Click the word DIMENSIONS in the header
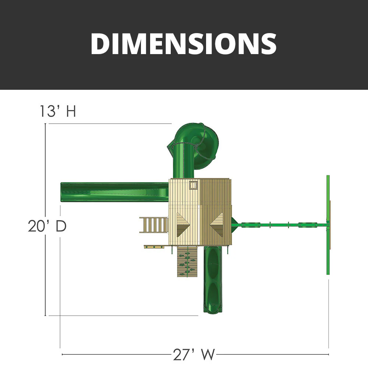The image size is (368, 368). click(183, 43)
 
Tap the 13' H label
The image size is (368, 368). click(58, 111)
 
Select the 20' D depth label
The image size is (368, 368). click(47, 226)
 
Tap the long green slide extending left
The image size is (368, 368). click(114, 191)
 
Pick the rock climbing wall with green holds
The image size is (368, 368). click(186, 262)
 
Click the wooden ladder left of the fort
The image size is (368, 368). click(153, 224)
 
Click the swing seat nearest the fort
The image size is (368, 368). click(251, 224)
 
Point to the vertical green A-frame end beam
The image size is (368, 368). click(328, 224)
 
